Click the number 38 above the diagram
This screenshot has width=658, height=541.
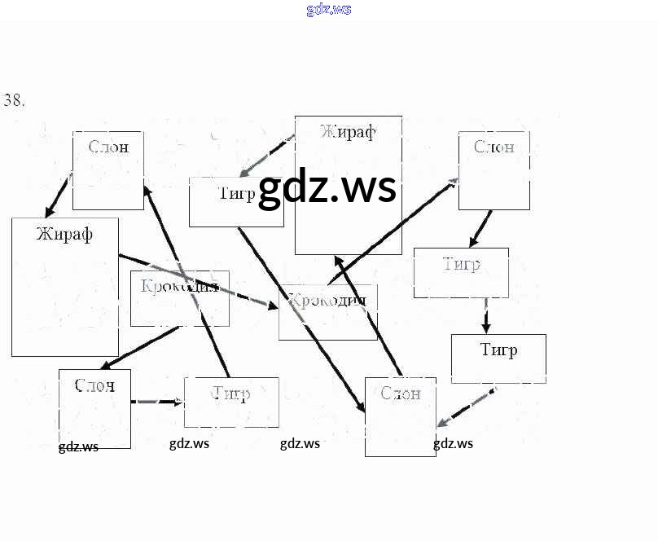(15, 101)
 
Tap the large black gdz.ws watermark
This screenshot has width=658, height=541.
(327, 188)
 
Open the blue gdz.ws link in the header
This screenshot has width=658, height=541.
(329, 10)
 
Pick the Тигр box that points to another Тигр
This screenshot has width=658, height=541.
(461, 272)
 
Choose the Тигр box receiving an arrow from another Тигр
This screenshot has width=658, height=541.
(498, 358)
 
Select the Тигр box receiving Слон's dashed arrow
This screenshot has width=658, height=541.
(231, 402)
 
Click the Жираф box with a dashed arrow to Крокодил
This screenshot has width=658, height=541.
(64, 286)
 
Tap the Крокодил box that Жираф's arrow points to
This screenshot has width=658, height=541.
(327, 311)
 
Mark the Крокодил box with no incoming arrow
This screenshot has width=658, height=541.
(179, 298)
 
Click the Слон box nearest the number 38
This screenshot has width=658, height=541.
(107, 169)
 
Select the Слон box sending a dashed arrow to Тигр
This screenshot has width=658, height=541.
(94, 408)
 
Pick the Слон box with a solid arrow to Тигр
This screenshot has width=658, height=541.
(493, 170)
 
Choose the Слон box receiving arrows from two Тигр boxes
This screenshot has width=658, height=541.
(400, 416)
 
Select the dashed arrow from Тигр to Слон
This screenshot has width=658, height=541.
(466, 407)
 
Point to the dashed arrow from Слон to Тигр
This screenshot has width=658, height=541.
(157, 402)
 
